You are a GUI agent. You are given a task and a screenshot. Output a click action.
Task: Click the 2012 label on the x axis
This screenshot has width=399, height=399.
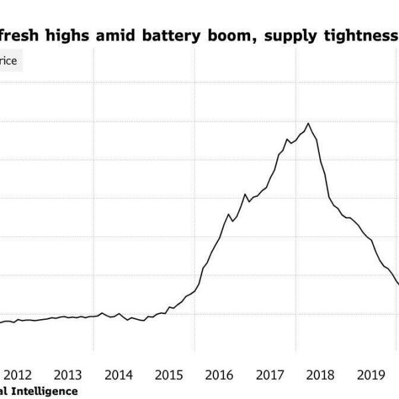click(x=18, y=374)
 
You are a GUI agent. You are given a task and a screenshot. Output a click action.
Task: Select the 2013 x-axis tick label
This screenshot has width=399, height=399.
click(x=68, y=374)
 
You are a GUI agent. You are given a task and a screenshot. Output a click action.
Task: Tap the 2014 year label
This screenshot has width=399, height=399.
click(x=118, y=374)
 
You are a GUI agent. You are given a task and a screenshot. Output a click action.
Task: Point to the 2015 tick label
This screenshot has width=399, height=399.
click(x=169, y=374)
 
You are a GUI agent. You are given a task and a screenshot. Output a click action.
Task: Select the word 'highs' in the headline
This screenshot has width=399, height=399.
click(x=70, y=35)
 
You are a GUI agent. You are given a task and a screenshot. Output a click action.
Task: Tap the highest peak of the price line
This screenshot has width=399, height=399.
click(x=308, y=123)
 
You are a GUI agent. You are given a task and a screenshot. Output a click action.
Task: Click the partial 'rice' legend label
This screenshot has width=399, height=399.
click(x=9, y=62)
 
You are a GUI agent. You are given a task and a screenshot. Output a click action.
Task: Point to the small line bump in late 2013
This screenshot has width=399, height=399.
click(x=102, y=313)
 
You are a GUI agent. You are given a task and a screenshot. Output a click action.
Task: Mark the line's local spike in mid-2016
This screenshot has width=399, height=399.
click(x=245, y=194)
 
